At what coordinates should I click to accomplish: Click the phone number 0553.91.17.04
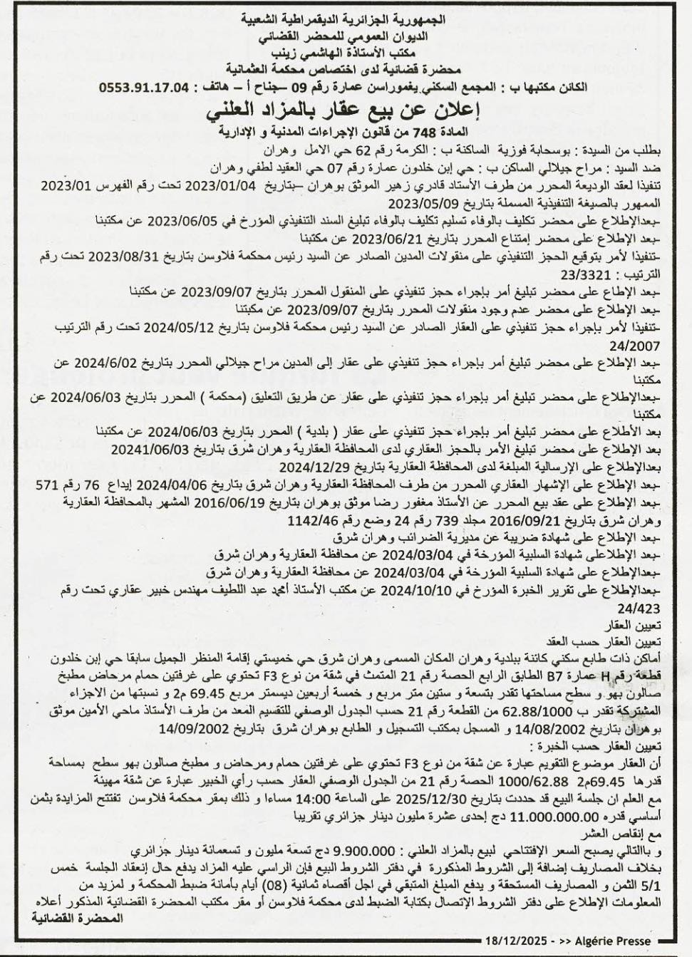[146, 88]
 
